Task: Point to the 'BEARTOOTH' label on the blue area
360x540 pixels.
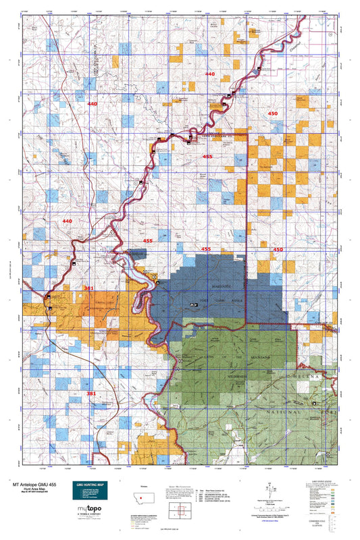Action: tap(222, 286)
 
